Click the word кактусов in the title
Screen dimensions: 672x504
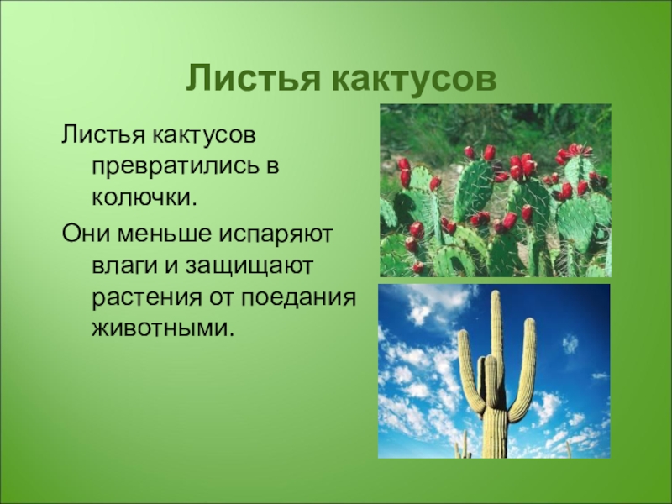tap(414, 79)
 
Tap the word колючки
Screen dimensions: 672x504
tap(144, 198)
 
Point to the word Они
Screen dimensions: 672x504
tap(86, 234)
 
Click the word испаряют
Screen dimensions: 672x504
tap(276, 236)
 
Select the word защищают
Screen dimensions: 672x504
tap(249, 268)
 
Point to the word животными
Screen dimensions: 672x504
tap(163, 329)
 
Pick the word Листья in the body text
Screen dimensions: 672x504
tap(103, 135)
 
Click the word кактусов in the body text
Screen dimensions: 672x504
tap(203, 136)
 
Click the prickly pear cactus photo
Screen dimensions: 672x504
tap(496, 191)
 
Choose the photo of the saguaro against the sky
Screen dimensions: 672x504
tap(494, 371)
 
